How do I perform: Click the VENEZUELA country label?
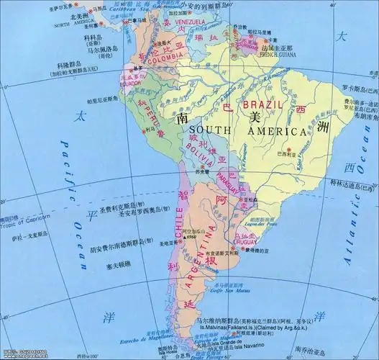(191, 22)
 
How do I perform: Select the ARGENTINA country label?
(201, 259)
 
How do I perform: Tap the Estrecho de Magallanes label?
(150, 338)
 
